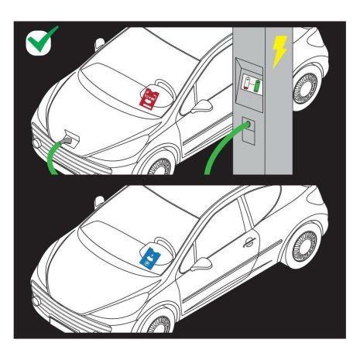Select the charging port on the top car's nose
[70, 138]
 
